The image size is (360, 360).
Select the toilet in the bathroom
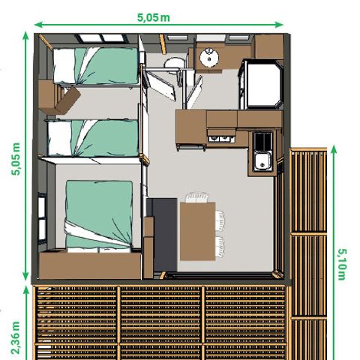(174, 63)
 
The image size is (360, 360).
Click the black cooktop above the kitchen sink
(263, 140)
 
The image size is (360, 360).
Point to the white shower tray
(161, 91)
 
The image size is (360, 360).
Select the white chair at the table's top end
(198, 197)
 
